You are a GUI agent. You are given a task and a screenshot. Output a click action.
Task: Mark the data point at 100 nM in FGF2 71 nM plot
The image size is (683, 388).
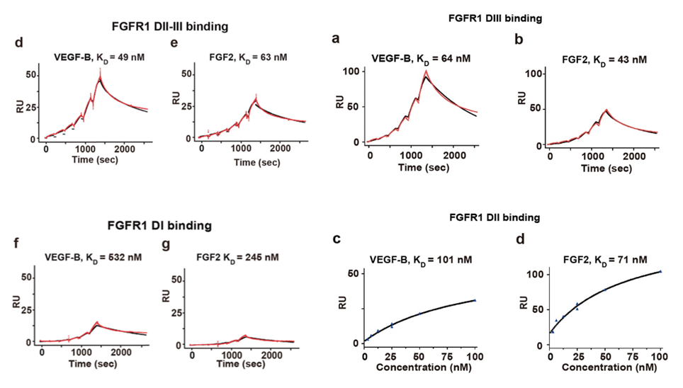(660, 271)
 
